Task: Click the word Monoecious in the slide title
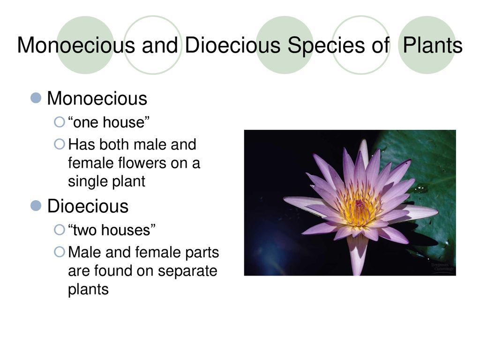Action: [76, 45]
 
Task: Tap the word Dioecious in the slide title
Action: [232, 45]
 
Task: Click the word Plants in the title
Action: [432, 45]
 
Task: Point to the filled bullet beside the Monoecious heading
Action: [36, 98]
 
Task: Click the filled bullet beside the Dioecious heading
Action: [36, 206]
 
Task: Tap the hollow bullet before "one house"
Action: [60, 122]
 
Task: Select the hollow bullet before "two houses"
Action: [60, 230]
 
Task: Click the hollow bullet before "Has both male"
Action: [60, 144]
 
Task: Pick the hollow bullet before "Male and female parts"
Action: [60, 252]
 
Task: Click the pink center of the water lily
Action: [360, 203]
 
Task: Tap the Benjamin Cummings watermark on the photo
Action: [442, 267]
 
